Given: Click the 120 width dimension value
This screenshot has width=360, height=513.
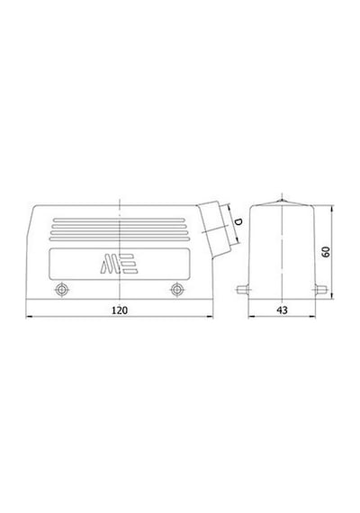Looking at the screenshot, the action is (x=120, y=310).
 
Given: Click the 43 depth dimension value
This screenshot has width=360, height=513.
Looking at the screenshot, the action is (x=282, y=310).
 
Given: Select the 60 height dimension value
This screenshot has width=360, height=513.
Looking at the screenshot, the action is (x=326, y=251).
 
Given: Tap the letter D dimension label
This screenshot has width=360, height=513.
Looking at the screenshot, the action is (x=238, y=221).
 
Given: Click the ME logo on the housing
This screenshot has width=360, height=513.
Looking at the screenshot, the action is (x=119, y=264).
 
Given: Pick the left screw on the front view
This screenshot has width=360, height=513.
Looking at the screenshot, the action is (x=61, y=290).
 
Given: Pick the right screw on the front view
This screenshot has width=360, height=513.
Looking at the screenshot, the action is (x=177, y=290).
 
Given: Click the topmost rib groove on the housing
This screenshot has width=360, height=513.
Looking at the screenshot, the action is (x=120, y=220).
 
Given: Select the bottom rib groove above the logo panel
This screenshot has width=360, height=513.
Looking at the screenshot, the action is (x=120, y=238).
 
